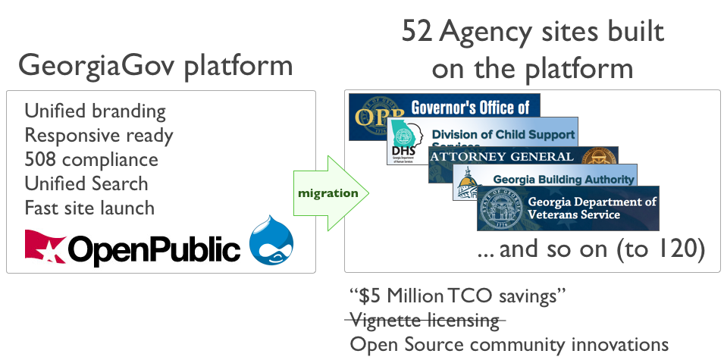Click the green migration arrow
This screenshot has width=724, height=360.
[330, 193]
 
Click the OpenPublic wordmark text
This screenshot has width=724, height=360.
[155, 247]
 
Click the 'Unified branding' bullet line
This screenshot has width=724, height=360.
[95, 111]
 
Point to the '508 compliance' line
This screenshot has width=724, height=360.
[91, 160]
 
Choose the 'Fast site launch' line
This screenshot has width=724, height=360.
[89, 208]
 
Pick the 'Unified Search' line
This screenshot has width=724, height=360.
[86, 183]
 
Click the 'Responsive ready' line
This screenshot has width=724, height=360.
[99, 136]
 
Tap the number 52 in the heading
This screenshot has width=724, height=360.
[418, 32]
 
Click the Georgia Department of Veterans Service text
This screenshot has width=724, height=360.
[591, 208]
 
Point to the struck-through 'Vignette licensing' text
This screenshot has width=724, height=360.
[425, 320]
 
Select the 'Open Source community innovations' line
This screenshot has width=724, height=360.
[509, 344]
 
